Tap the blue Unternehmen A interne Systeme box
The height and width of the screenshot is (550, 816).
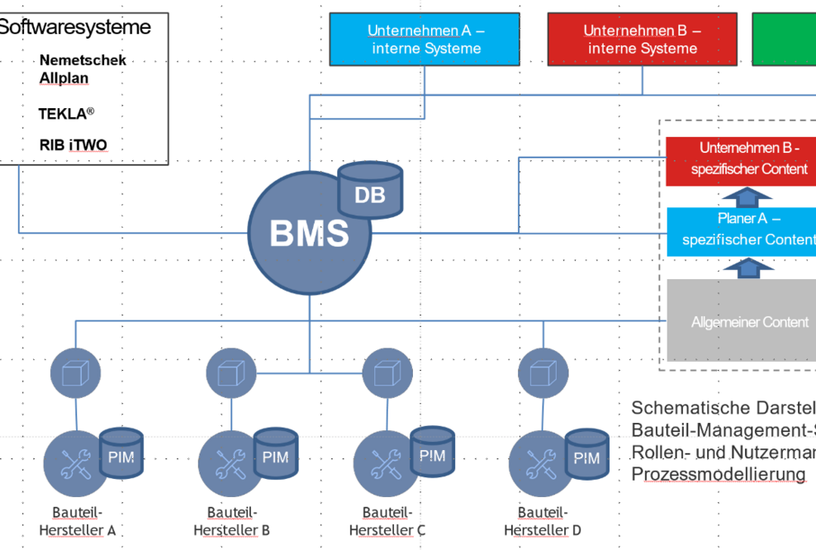click(x=426, y=40)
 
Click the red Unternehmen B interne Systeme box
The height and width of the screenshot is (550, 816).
click(x=643, y=40)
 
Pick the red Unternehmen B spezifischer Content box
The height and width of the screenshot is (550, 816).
click(x=741, y=159)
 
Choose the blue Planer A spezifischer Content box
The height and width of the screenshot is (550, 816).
click(x=741, y=229)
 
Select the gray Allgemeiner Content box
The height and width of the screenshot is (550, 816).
click(x=741, y=321)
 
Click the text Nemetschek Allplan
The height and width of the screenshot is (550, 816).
click(x=82, y=69)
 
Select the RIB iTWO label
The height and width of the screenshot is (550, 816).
click(x=73, y=145)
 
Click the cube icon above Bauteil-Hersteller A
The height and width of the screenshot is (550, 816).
click(x=75, y=372)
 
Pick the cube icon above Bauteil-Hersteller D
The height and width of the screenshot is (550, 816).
click(x=543, y=372)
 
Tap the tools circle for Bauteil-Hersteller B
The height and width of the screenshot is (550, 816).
click(x=225, y=463)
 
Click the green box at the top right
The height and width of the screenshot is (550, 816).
click(x=784, y=40)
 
